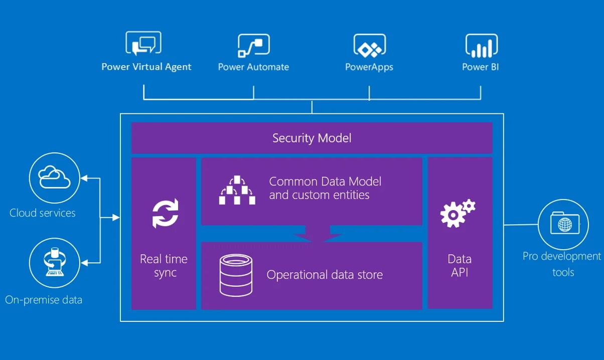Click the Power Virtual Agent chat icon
click(143, 44)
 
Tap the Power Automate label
click(253, 67)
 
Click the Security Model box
click(312, 138)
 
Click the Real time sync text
click(164, 266)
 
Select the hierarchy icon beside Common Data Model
click(237, 190)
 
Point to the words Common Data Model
click(325, 182)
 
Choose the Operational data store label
click(325, 275)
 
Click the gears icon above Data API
click(457, 213)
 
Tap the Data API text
click(460, 266)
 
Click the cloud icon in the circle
click(54, 177)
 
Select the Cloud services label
click(43, 213)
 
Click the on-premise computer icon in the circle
click(54, 262)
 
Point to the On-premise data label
click(44, 300)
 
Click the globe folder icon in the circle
click(564, 224)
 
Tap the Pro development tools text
click(562, 264)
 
